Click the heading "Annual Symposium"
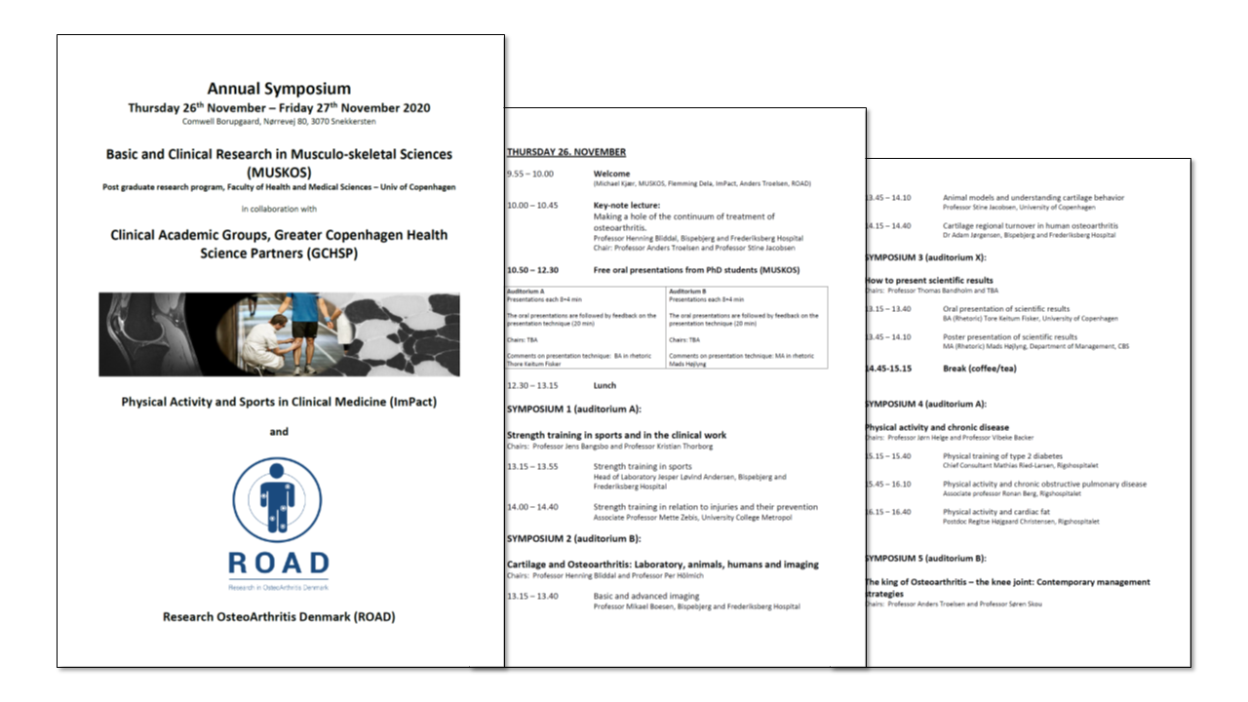[x=279, y=89]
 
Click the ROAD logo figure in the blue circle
[x=280, y=499]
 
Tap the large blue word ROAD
[x=279, y=564]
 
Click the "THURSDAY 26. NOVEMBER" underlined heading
[x=566, y=152]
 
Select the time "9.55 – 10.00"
[x=529, y=174]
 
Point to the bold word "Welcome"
[x=612, y=174]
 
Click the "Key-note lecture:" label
[x=627, y=206]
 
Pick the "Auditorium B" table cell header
[x=689, y=292]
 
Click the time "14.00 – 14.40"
[x=532, y=507]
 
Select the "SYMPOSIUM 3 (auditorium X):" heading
[x=925, y=257]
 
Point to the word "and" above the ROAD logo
[x=279, y=431]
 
